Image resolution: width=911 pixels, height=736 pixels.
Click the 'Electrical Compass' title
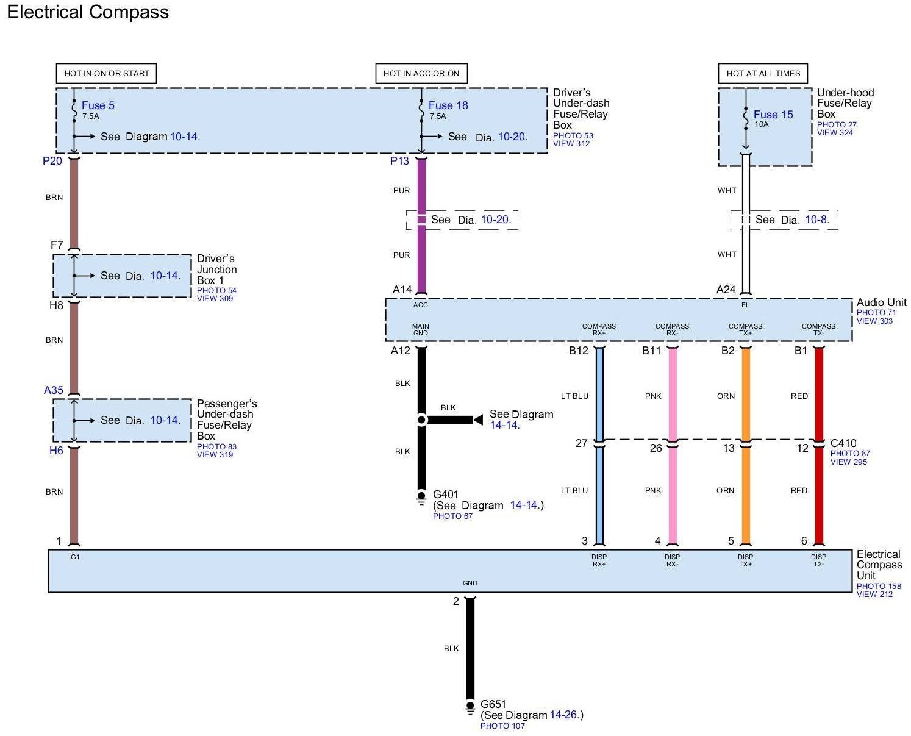pos(88,12)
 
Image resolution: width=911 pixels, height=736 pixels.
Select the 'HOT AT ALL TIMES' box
pos(763,73)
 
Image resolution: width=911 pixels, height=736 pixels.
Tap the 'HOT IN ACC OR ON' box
pos(421,73)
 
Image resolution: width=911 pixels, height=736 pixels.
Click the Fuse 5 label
pos(98,105)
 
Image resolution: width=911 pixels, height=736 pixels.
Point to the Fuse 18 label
pos(448,105)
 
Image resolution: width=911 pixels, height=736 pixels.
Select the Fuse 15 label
pos(773,115)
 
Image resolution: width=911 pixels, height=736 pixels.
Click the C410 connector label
pos(843,443)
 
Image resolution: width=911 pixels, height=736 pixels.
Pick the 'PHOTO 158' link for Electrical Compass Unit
pos(879,586)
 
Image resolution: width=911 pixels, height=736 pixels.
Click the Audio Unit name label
pos(881,302)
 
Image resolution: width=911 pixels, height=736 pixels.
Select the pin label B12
pos(578,351)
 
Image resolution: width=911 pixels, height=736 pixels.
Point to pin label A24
pos(726,290)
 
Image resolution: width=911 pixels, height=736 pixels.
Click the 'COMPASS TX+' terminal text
pos(745,329)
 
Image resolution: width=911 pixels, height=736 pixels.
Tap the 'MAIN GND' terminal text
pos(421,329)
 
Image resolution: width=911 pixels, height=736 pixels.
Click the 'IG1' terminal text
pos(74,557)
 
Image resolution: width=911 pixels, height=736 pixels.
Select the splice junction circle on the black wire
pos(421,420)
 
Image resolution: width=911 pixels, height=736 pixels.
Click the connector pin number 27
pos(581,443)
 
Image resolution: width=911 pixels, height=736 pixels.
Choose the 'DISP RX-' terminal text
pos(672,560)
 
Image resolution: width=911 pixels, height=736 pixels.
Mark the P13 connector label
pos(399,161)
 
